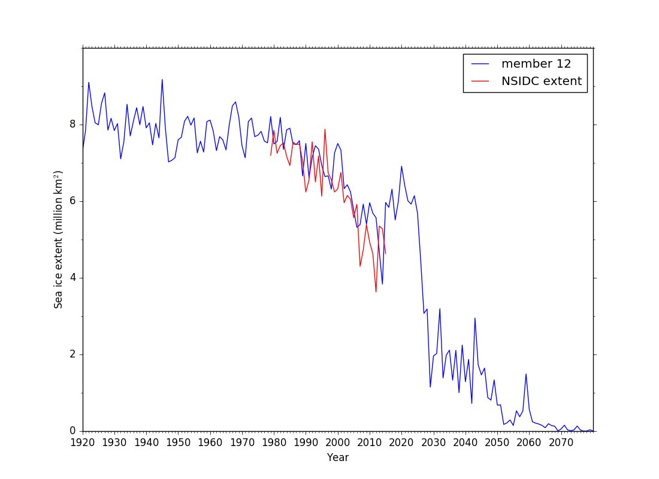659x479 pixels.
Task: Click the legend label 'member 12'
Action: [x=536, y=64]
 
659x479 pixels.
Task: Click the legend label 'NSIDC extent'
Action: [x=542, y=81]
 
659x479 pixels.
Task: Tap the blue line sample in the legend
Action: [x=480, y=64]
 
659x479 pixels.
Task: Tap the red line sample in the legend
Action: [x=480, y=81]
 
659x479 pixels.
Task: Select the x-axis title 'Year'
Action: [x=338, y=458]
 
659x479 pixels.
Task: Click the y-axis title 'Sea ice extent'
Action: [x=58, y=239]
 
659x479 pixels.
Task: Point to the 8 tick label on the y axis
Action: [x=74, y=125]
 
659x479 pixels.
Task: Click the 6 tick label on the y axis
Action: [x=74, y=201]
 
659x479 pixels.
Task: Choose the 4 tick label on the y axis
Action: [x=74, y=278]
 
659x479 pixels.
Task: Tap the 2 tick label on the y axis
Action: [x=74, y=354]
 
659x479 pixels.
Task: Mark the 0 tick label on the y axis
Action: [x=74, y=431]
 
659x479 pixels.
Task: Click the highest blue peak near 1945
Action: [x=162, y=80]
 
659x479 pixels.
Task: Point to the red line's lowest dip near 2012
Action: [x=376, y=292]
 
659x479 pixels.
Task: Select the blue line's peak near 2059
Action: [x=526, y=374]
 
